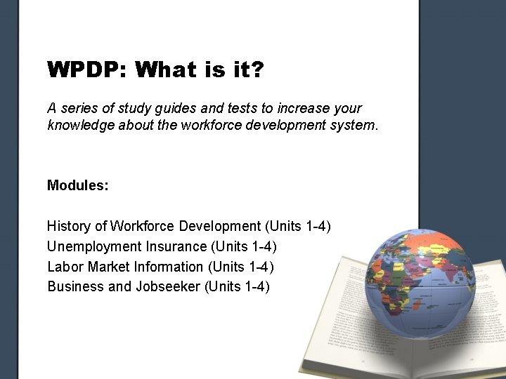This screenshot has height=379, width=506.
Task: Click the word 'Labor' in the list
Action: click(63, 267)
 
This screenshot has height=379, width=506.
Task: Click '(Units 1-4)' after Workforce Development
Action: click(297, 226)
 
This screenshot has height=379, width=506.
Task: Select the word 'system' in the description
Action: click(357, 126)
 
